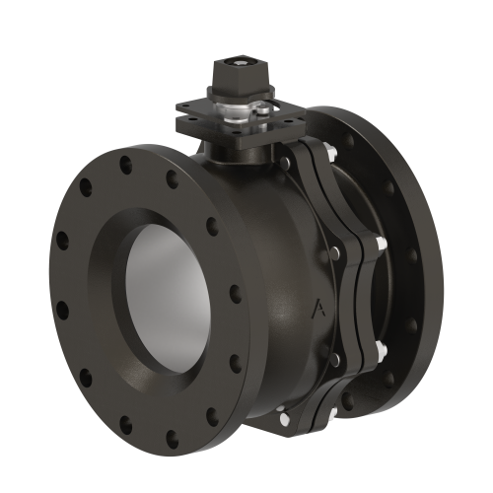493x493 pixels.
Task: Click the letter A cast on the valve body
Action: pos(317,308)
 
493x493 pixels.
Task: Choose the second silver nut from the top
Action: pos(381,244)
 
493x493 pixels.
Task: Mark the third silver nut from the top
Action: pos(380,349)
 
